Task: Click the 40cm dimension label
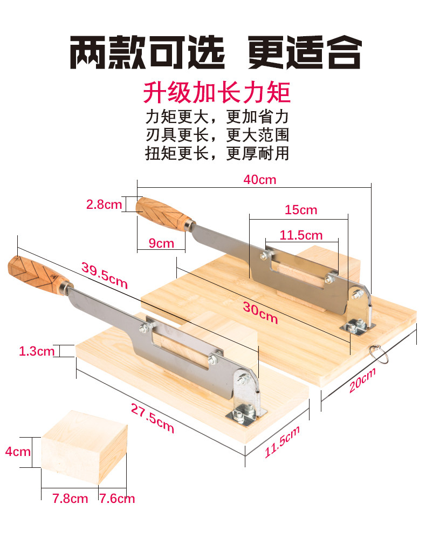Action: (x=259, y=180)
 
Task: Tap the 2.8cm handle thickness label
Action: (x=104, y=205)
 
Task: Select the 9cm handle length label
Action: (x=161, y=243)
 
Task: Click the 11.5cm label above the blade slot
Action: (x=301, y=235)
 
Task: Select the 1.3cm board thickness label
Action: (x=37, y=351)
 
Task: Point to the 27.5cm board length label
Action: (x=152, y=418)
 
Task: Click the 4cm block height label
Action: (x=18, y=451)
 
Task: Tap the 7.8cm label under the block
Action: (x=70, y=499)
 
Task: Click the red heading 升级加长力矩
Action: (x=217, y=92)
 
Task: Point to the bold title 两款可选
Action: (x=147, y=53)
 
